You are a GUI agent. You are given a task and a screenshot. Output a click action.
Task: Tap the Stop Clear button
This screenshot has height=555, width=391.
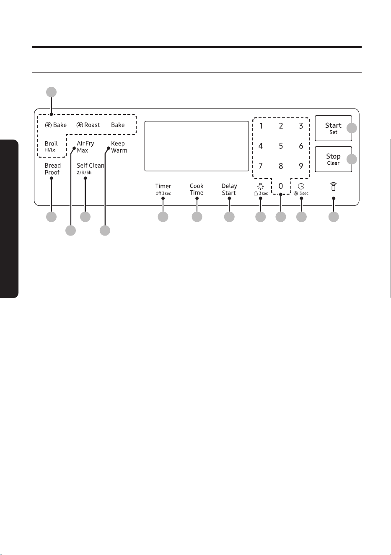(333, 159)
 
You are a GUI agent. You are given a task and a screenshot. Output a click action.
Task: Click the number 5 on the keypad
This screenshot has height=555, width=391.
(281, 146)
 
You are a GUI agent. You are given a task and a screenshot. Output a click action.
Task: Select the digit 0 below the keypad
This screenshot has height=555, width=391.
(281, 186)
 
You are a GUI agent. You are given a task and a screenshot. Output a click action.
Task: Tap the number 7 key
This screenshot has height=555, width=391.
(261, 166)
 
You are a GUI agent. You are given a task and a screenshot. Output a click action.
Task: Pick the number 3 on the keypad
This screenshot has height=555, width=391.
(301, 126)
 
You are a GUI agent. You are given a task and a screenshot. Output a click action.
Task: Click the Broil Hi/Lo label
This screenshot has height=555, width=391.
(51, 146)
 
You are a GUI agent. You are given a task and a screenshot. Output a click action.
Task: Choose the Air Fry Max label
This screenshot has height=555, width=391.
(85, 147)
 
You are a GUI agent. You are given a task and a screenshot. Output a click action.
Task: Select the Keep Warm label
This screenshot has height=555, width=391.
(119, 147)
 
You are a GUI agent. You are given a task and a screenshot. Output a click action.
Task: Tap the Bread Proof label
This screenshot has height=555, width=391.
(52, 169)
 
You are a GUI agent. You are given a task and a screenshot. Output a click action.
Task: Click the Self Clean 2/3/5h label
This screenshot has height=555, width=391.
(91, 169)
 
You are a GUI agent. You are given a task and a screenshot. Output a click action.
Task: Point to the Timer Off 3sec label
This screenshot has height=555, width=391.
(163, 189)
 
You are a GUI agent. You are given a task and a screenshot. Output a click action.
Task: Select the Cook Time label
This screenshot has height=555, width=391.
(197, 189)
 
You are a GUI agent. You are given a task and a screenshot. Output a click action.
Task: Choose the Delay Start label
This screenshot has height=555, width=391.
(229, 189)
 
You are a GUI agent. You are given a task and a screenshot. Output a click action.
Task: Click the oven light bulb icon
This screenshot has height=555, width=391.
(261, 186)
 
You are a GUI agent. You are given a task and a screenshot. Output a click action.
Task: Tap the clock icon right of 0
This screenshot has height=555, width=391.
(301, 186)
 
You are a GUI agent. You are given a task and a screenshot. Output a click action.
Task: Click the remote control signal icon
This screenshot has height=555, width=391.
(334, 187)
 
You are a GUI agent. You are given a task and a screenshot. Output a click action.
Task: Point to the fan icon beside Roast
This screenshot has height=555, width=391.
(80, 125)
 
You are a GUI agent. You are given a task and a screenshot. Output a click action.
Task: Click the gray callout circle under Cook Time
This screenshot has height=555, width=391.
(197, 217)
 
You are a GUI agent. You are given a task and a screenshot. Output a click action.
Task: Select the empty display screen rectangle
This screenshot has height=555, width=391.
(197, 146)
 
